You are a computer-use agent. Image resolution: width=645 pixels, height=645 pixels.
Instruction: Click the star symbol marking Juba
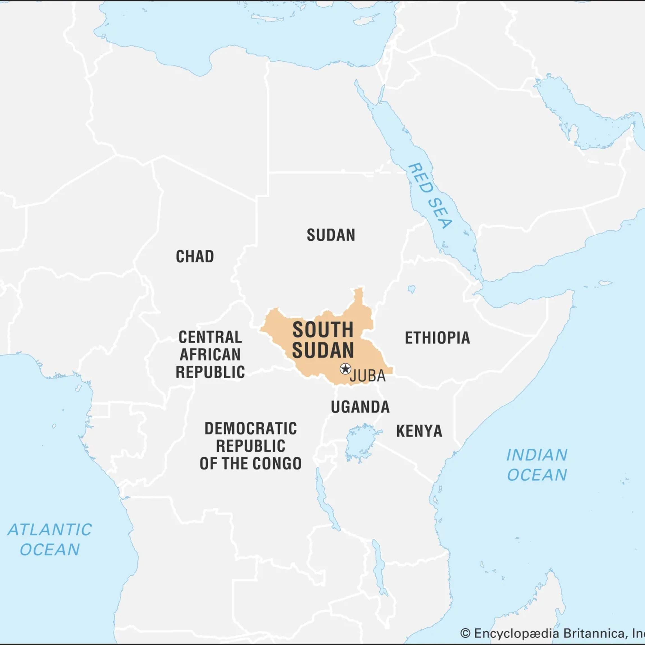[345, 369]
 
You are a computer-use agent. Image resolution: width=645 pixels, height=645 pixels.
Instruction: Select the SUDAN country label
[331, 235]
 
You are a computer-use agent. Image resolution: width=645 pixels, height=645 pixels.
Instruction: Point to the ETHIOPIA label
[437, 338]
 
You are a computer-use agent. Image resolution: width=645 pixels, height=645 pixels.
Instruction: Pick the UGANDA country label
[360, 407]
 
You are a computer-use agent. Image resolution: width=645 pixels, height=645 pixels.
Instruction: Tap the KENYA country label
[419, 431]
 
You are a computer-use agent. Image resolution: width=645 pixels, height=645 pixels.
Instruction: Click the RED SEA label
[430, 196]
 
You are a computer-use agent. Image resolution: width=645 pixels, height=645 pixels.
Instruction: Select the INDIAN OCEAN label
[537, 465]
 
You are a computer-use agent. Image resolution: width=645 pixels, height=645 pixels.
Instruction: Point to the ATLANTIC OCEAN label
[50, 539]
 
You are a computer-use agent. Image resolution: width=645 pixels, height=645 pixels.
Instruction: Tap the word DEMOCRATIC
[250, 429]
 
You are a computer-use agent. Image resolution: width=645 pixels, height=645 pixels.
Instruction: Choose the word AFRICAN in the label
[210, 354]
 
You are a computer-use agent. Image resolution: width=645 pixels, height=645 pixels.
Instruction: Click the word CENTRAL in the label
[210, 337]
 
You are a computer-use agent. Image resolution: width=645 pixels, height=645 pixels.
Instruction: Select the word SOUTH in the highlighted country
[323, 330]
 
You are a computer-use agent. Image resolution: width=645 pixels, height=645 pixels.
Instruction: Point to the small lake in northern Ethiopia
[412, 289]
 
